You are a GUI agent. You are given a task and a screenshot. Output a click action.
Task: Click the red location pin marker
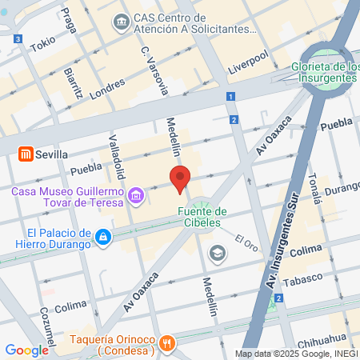(x=180, y=178)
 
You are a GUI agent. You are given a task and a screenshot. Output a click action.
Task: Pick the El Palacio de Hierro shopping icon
(x=103, y=237)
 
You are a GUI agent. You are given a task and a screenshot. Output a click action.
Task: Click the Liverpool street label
(x=249, y=60)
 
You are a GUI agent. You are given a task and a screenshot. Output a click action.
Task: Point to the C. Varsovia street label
(x=154, y=70)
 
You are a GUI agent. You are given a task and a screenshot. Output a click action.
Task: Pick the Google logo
(x=26, y=350)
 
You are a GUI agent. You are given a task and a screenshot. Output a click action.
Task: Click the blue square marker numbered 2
(x=234, y=120)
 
